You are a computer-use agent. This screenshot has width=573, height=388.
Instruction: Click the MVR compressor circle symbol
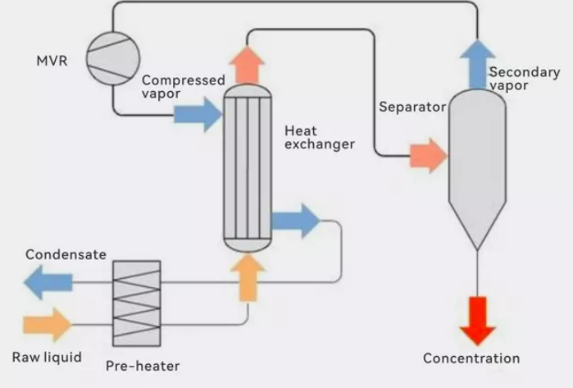click(x=112, y=59)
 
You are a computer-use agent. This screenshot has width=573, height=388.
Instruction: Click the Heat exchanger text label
click(x=320, y=138)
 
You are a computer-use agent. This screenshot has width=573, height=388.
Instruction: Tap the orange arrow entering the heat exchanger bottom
click(x=248, y=275)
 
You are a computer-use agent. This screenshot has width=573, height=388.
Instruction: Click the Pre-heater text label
click(x=143, y=366)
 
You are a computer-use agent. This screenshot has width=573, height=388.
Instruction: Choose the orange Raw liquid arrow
click(x=47, y=325)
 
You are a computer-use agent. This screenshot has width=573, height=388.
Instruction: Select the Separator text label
click(x=412, y=107)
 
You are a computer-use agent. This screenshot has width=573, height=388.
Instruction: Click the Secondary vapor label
click(x=524, y=79)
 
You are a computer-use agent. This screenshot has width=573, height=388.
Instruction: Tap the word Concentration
click(x=471, y=358)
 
